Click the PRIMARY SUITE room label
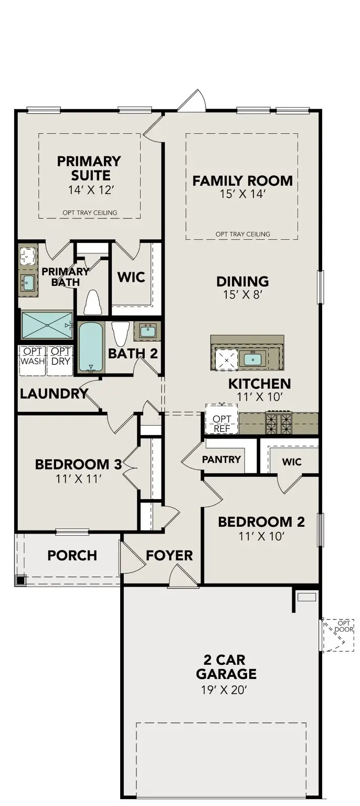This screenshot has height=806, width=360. pyautogui.click(x=89, y=168)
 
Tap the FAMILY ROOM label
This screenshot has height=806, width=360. pyautogui.click(x=242, y=181)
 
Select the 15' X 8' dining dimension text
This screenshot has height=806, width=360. pyautogui.click(x=242, y=295)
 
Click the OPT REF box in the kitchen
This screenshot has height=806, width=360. pyautogui.click(x=221, y=423)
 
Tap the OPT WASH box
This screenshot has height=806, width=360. pyautogui.click(x=33, y=357)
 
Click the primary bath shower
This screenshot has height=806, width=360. pyautogui.click(x=46, y=325)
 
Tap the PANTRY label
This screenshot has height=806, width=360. pyautogui.click(x=221, y=459)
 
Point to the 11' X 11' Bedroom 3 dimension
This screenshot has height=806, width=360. pyautogui.click(x=78, y=479)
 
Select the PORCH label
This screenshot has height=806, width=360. pyautogui.click(x=72, y=555)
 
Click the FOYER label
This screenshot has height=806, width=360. pyautogui.click(x=169, y=555)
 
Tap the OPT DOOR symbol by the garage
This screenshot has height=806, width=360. pyautogui.click(x=338, y=633)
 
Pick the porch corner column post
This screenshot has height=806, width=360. pyautogui.click(x=20, y=580)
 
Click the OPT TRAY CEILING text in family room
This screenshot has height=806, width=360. pyautogui.click(x=242, y=234)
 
